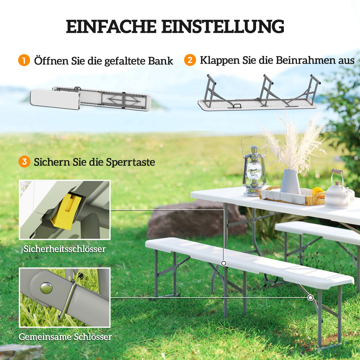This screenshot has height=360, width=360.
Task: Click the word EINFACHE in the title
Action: pos(111,26)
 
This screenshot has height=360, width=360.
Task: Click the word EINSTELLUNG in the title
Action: pos(223,26)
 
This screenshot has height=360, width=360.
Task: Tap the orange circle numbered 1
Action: pos(24,60)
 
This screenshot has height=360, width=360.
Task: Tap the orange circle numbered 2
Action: pos(190,60)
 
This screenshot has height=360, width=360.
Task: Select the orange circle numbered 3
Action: pos(24,162)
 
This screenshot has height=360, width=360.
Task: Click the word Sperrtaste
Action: pos(130,162)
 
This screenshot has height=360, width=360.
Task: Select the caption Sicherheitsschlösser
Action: pos(64,249)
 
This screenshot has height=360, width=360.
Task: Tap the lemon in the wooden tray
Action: pos(317,191)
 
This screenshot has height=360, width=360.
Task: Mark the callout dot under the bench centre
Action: pos(223,263)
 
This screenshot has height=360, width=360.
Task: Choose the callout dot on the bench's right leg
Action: pos(310,298)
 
